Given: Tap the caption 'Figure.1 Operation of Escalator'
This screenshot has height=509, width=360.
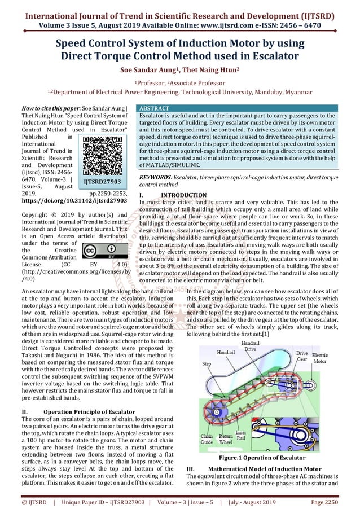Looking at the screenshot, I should (x=270, y=458).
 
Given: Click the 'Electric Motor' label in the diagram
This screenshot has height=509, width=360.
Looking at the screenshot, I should (x=319, y=357).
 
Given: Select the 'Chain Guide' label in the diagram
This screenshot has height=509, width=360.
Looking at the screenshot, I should (x=207, y=440).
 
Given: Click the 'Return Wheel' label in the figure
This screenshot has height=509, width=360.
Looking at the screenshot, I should (x=226, y=440).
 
